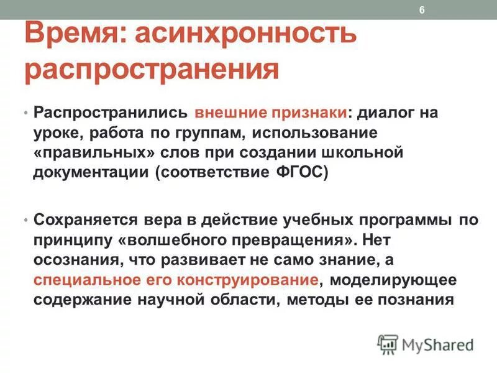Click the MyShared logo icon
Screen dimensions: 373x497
coord(388,344)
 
